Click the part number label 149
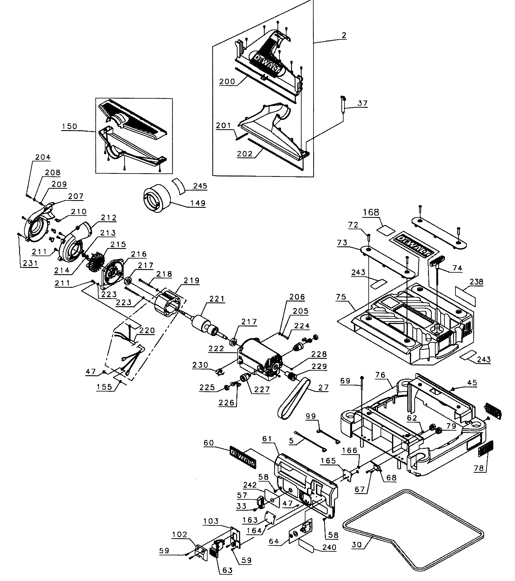(x=198, y=203)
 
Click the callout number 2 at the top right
(x=344, y=35)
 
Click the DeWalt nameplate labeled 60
(x=243, y=459)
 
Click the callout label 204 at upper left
(x=43, y=157)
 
